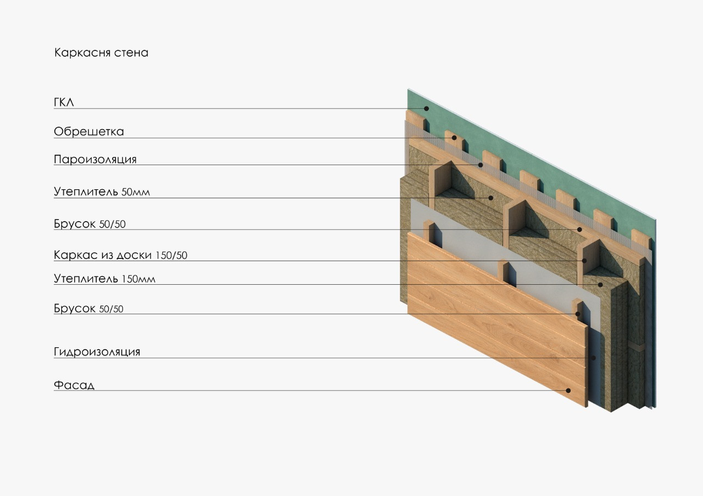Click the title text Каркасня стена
(101, 53)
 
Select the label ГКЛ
(64, 103)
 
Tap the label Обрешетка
(88, 132)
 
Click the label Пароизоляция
(95, 160)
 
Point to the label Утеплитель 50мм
(102, 192)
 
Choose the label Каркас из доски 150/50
(120, 255)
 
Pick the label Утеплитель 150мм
(104, 279)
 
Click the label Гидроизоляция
(97, 352)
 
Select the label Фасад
(74, 385)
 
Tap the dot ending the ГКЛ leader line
(426, 109)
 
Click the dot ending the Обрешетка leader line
(454, 138)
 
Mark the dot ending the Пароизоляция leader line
(480, 165)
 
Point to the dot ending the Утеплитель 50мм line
(492, 198)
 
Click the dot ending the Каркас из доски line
(584, 261)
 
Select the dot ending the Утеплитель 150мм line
(601, 285)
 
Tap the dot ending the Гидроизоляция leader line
(594, 358)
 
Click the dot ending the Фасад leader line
(568, 391)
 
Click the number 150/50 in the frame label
(171, 256)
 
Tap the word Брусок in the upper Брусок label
(75, 224)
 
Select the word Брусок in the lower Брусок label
(75, 308)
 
